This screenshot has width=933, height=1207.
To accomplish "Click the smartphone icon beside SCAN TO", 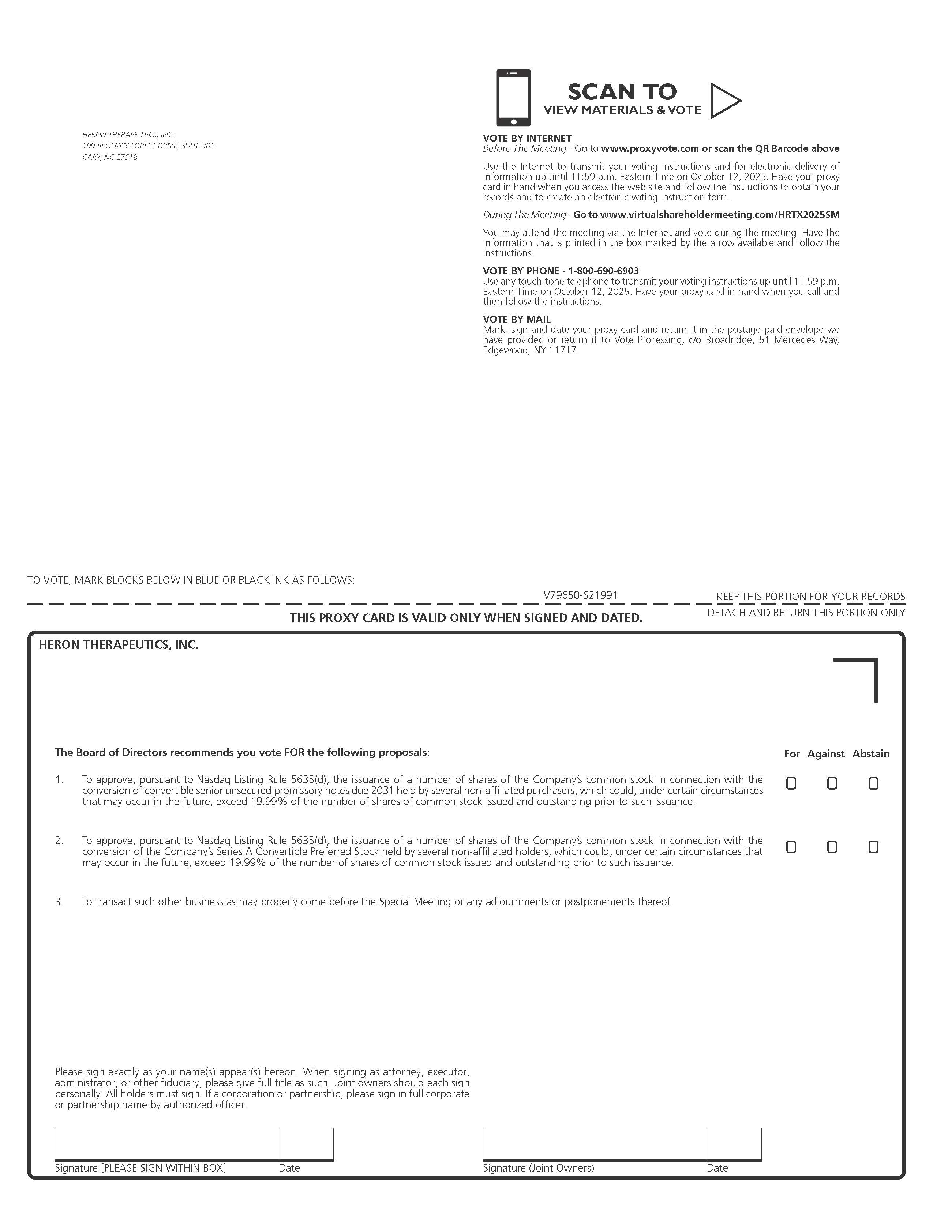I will tap(513, 97).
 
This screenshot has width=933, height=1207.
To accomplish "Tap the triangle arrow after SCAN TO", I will tap(724, 101).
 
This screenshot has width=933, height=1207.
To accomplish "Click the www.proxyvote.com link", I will tap(649, 148).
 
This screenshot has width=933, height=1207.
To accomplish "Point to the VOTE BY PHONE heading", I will tap(561, 271).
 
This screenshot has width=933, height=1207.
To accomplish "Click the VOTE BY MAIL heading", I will tap(516, 319).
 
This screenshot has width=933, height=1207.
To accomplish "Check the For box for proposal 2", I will tap(791, 847).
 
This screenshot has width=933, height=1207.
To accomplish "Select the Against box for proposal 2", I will tap(832, 847).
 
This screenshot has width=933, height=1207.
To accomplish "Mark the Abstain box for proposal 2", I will tap(873, 847).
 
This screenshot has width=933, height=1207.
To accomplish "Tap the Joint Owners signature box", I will tap(594, 1143).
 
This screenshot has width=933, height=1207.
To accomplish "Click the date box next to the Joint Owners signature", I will tap(734, 1143).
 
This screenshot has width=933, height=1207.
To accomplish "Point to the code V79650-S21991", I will tap(580, 595).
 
